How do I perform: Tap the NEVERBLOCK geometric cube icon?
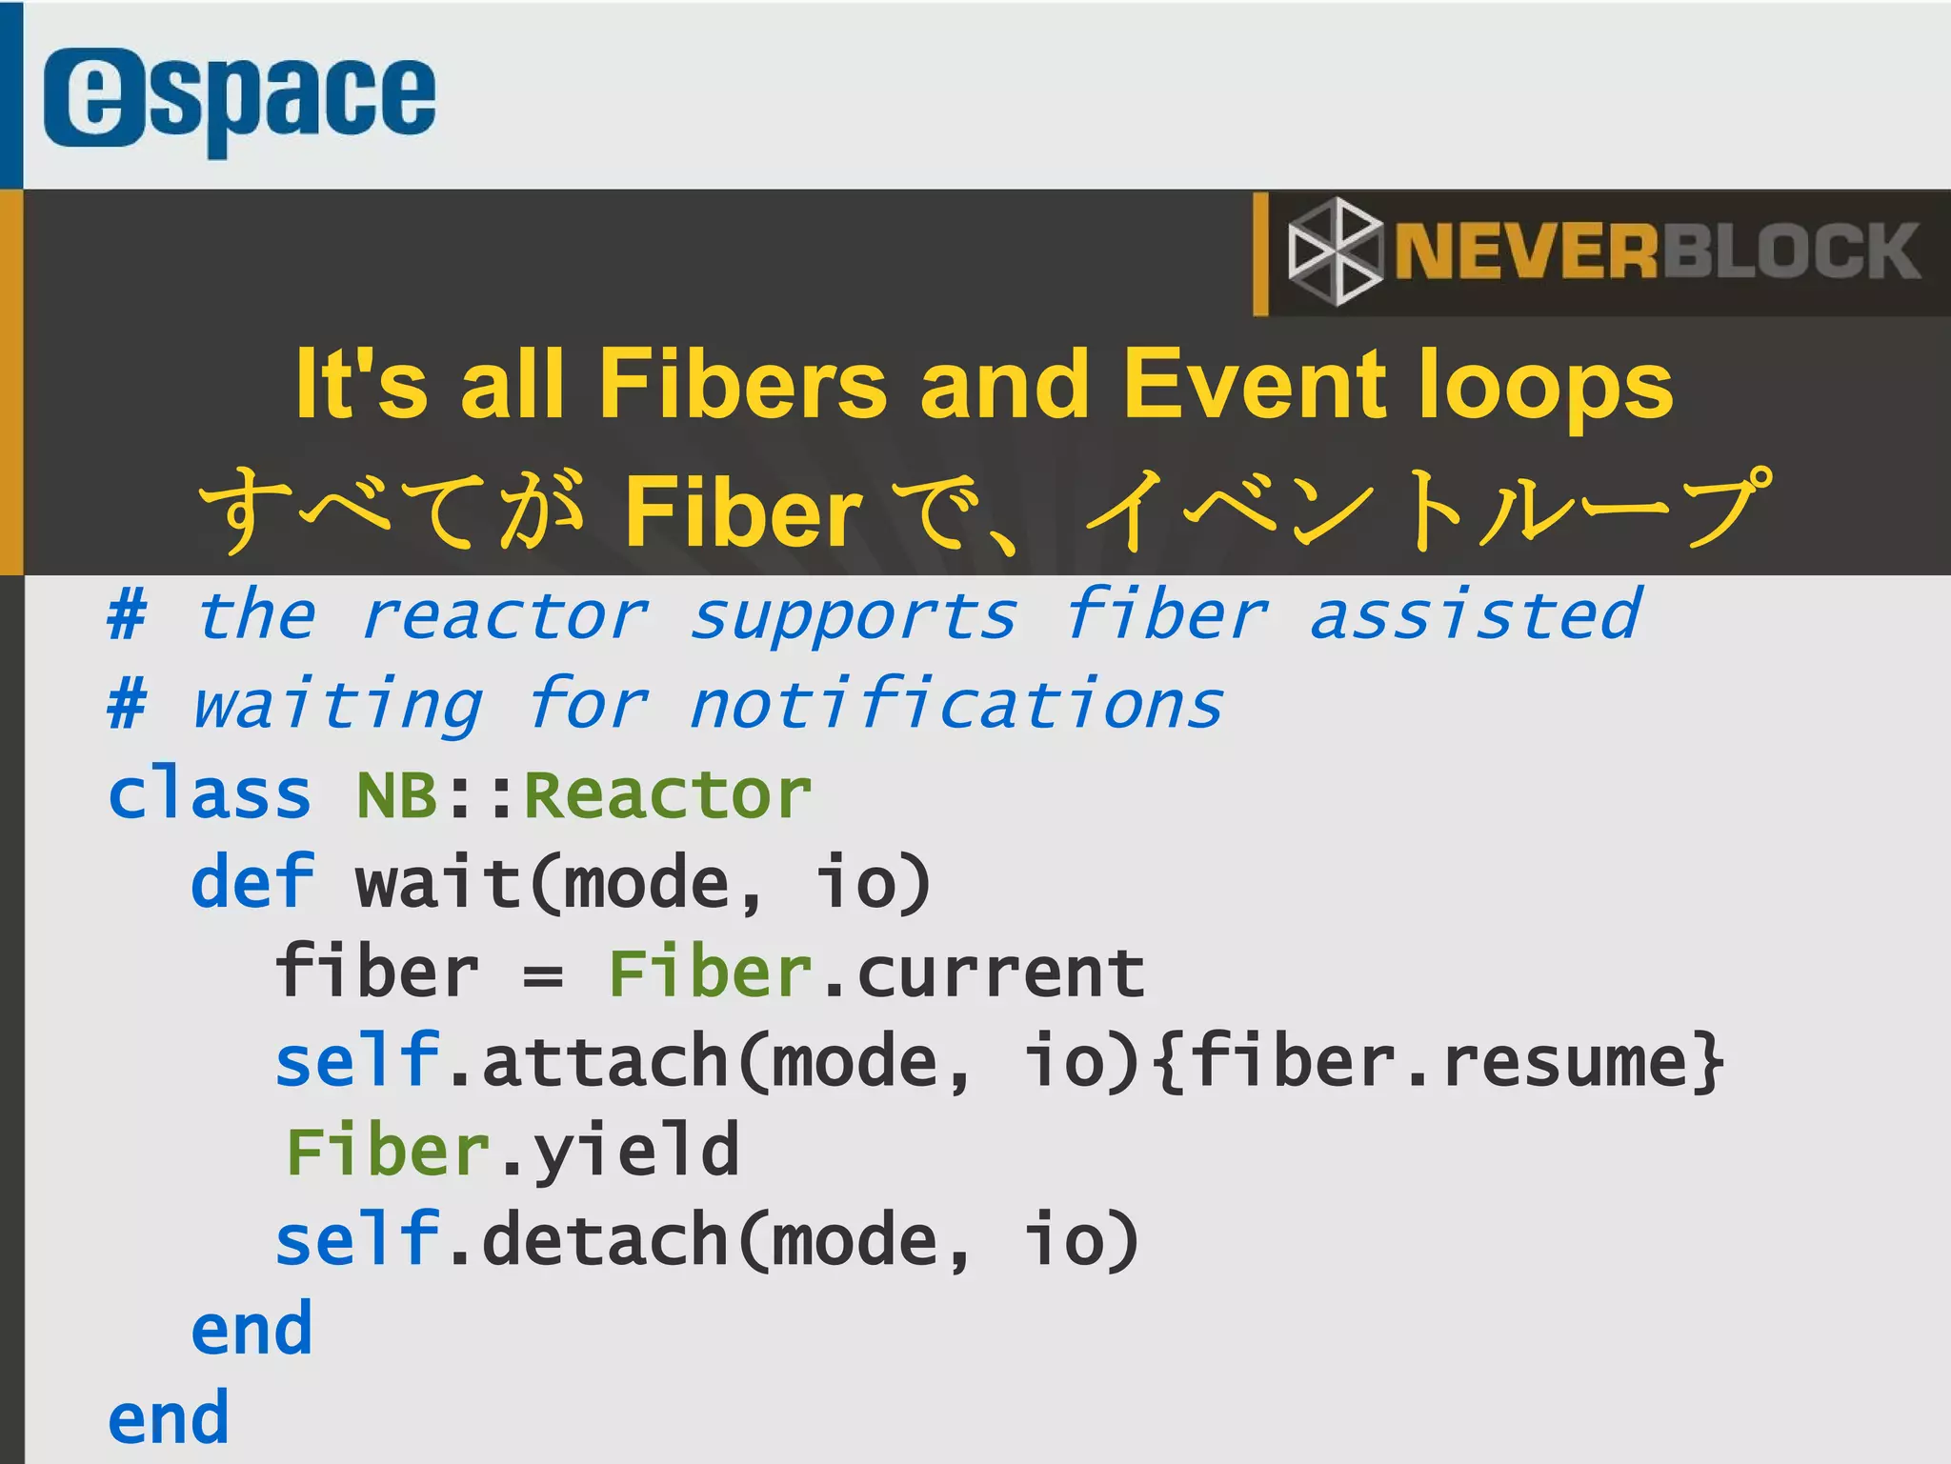(x=1334, y=251)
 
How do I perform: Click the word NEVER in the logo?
(x=1527, y=251)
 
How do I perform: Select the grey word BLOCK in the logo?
(x=1791, y=251)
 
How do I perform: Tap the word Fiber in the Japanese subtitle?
(x=743, y=512)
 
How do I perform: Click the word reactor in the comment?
(x=505, y=616)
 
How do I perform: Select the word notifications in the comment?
(x=956, y=706)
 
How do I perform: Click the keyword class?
(x=210, y=794)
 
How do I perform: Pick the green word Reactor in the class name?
(x=668, y=794)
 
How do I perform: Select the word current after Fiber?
(x=1000, y=973)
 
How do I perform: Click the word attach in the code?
(x=605, y=1061)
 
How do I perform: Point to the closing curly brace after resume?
(x=1710, y=1061)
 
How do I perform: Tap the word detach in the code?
(x=605, y=1240)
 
